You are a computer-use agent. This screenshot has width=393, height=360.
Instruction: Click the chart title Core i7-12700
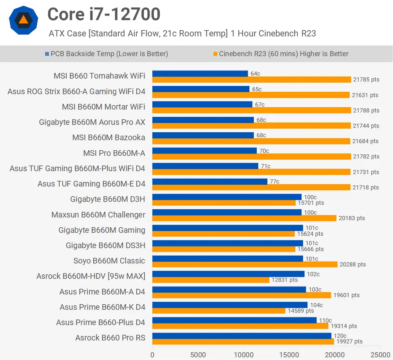point(104,15)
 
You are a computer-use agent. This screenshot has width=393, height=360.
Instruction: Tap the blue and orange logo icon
point(24,20)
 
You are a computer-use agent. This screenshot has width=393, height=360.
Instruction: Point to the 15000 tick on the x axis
point(289,354)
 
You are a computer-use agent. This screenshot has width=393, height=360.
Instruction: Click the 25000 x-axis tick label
point(380,354)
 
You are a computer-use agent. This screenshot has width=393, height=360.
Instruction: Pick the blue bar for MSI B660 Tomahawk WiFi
point(200,74)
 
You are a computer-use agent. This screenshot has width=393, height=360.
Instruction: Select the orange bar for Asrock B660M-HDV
point(211,280)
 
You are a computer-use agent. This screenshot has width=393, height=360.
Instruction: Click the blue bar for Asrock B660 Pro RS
point(242,336)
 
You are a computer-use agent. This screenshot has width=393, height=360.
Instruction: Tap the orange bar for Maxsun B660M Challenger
point(244,218)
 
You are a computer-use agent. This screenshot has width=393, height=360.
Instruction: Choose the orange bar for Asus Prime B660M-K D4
point(219,310)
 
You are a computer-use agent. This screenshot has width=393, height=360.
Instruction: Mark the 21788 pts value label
point(366,111)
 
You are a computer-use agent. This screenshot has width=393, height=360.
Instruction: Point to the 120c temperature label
point(340,336)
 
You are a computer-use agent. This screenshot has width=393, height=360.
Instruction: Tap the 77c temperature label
point(274,181)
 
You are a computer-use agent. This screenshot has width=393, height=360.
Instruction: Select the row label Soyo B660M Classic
point(109,261)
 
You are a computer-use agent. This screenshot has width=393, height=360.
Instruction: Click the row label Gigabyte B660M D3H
point(108,199)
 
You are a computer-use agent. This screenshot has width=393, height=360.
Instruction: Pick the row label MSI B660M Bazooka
point(108,137)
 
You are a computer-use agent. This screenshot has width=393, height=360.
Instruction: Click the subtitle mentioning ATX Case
point(182,34)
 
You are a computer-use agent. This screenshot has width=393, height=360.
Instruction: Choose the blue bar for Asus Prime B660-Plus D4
point(234,320)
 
